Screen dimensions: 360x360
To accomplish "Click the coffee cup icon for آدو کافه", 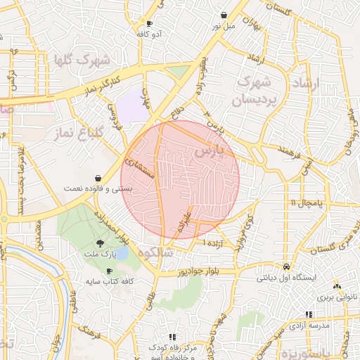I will point(149,23).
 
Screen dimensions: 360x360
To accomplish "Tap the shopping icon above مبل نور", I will point(224,15).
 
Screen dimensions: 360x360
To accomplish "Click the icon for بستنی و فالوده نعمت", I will point(97,178).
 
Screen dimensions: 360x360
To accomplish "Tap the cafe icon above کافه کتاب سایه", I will point(108,271).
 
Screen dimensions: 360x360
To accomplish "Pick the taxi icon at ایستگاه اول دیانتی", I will point(287,267).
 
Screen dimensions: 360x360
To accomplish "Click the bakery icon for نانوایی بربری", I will point(337,286).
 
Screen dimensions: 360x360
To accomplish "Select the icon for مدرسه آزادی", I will point(308,314).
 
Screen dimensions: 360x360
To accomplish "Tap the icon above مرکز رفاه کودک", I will point(172,337).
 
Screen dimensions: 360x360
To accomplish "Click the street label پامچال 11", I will point(304,203).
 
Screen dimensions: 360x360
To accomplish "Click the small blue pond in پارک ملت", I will point(121,252).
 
